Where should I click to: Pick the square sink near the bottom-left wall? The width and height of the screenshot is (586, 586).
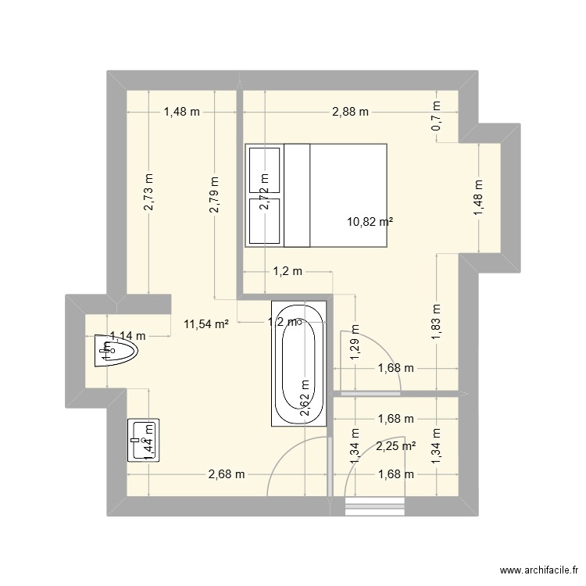143,441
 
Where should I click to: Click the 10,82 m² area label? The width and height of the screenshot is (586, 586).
370,222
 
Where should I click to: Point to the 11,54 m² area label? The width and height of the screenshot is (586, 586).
205,323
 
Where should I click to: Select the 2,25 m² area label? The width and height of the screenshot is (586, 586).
395,446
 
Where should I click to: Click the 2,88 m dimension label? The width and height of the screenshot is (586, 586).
350,112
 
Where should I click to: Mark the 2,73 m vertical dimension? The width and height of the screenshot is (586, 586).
148,191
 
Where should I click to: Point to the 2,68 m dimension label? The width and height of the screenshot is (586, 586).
227,474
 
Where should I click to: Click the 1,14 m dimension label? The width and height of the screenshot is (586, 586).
127,337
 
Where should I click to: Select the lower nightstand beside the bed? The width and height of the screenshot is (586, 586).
264,221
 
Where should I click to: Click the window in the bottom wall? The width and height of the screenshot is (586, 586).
371,507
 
